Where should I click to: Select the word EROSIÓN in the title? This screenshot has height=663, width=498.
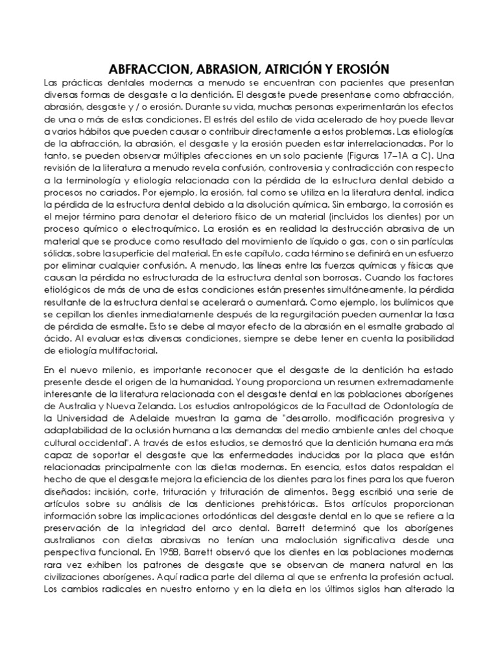(x=365, y=69)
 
